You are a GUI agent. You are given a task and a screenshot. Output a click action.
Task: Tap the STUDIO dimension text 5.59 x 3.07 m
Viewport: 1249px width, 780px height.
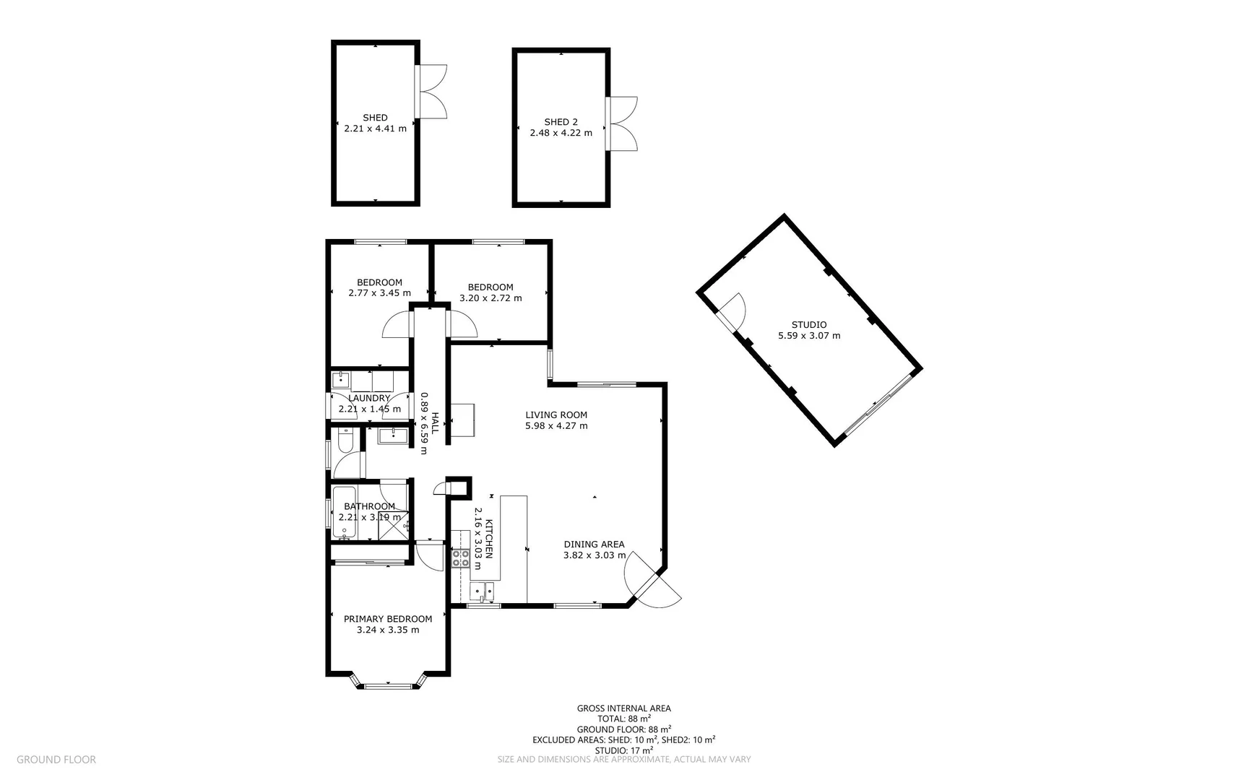tap(809, 336)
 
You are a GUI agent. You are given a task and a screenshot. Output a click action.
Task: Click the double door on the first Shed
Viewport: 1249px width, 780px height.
tap(432, 91)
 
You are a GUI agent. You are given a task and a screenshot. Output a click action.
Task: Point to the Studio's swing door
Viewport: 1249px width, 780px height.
tap(733, 310)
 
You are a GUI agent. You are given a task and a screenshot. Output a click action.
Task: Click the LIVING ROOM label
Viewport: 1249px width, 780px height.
tap(556, 415)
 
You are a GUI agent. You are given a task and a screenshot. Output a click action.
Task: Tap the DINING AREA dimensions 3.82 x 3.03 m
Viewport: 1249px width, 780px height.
tap(594, 555)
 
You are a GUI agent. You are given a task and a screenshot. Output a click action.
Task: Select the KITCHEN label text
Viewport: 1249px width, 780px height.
tap(489, 538)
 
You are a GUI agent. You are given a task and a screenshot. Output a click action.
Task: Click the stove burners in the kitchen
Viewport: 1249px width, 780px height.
tap(460, 558)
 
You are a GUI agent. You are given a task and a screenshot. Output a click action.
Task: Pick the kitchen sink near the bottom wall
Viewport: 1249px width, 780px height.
tap(481, 591)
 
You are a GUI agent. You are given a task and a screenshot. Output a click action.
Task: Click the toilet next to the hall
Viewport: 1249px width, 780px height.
tap(345, 441)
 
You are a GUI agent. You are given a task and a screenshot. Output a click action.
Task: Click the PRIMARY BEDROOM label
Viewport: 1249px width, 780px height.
tap(388, 619)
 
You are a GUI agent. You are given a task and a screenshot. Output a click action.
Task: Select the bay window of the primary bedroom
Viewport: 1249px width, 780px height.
tap(389, 683)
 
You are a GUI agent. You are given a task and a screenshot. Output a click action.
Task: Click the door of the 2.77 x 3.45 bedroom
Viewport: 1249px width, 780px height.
tap(398, 326)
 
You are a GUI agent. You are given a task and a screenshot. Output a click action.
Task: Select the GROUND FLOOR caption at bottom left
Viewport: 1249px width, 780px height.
tap(56, 759)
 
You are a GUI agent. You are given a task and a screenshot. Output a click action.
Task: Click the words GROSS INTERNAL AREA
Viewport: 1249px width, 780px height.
tap(623, 708)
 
